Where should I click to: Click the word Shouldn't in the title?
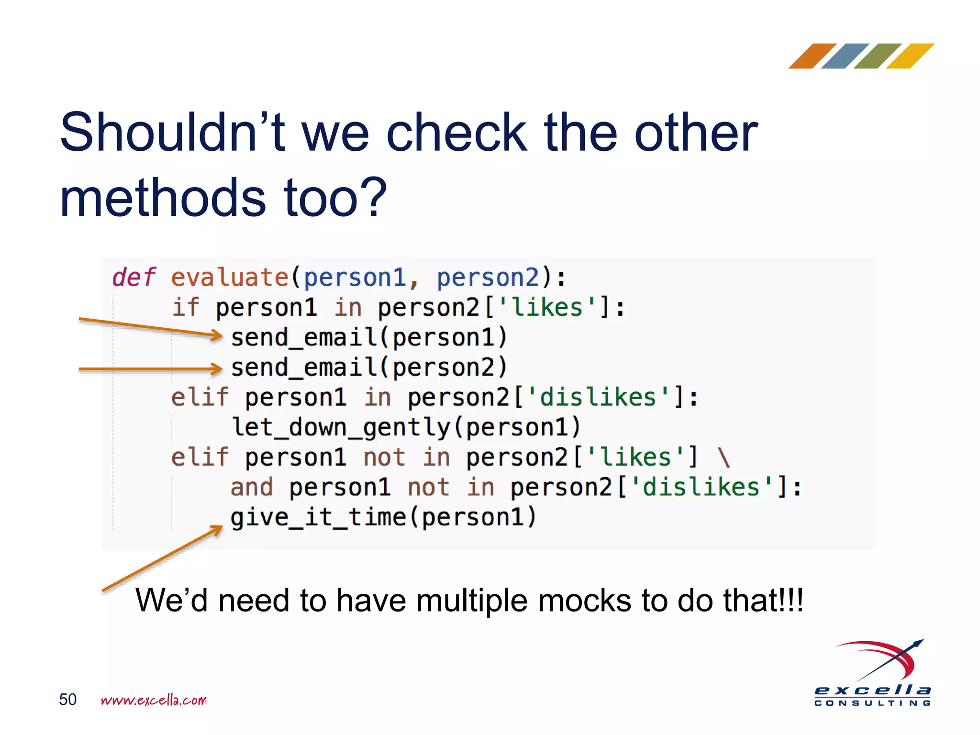click(x=172, y=133)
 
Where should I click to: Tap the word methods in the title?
click(x=163, y=198)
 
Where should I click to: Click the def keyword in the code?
click(x=134, y=278)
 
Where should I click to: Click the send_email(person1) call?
click(x=368, y=337)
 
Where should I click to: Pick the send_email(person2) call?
click(x=368, y=367)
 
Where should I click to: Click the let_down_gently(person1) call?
click(x=406, y=427)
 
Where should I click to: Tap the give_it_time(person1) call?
click(x=383, y=517)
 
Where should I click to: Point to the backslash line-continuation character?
click(x=724, y=457)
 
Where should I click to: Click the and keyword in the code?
click(x=252, y=488)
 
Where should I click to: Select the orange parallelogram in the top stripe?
click(x=812, y=56)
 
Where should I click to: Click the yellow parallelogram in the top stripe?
click(x=910, y=56)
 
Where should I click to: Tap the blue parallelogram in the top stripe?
click(x=845, y=56)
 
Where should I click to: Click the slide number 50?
click(x=67, y=700)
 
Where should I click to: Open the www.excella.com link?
click(x=154, y=700)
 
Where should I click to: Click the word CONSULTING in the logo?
click(x=872, y=703)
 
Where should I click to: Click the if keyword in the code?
click(x=185, y=307)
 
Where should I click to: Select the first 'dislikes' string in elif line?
click(x=598, y=398)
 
